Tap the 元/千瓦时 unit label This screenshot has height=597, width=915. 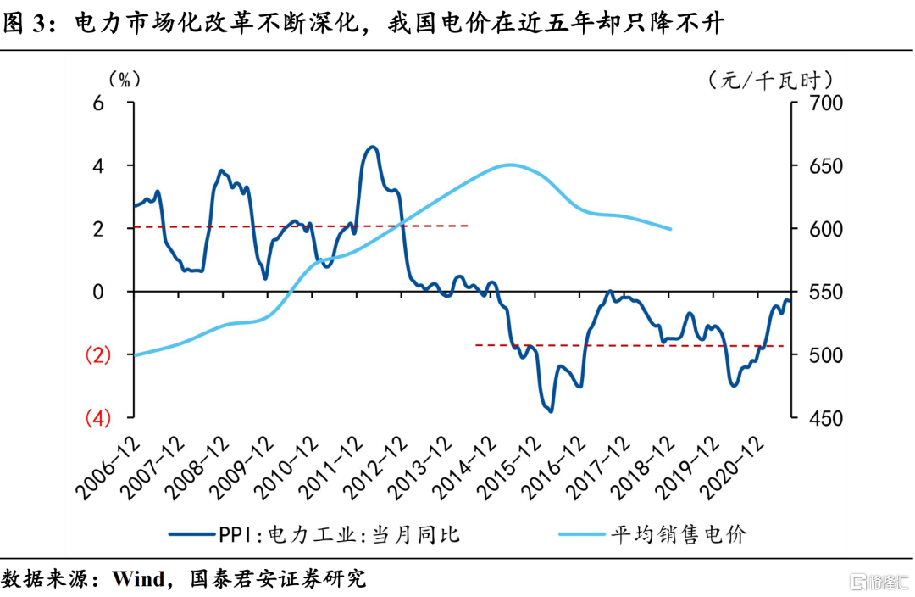(770, 81)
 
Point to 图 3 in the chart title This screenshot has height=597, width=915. (26, 24)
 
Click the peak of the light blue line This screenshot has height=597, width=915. (508, 165)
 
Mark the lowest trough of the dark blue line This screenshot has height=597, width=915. (551, 411)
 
